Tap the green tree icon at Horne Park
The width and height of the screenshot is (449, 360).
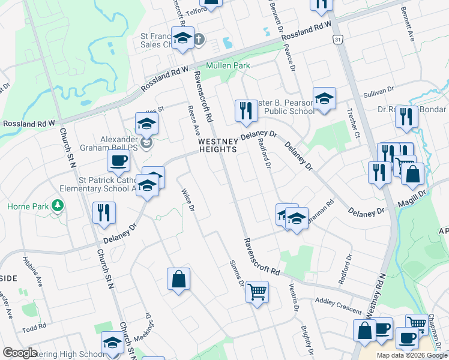coord(58,206)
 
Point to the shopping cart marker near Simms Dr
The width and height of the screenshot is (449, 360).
coord(257,292)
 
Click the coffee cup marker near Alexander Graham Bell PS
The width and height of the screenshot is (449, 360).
coord(118,160)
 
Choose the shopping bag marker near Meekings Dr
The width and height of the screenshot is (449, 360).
coord(178,279)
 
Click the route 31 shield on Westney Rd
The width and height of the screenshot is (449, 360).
coord(339,39)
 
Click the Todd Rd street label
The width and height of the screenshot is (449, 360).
coord(34,327)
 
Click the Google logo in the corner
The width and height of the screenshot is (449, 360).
coord(20,353)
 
